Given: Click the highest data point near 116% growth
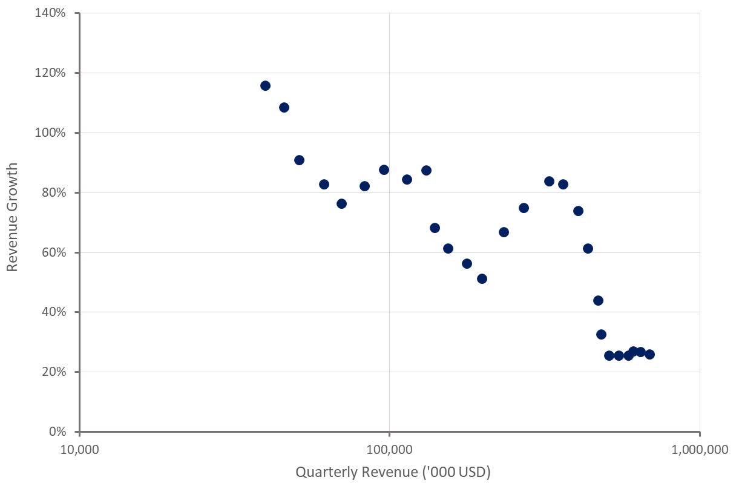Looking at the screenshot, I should tap(265, 85).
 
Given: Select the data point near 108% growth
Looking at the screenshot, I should tap(284, 108).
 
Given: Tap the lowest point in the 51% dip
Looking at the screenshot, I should tap(482, 278).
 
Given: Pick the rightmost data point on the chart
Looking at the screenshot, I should tap(649, 354).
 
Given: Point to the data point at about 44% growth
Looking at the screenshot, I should tap(598, 300).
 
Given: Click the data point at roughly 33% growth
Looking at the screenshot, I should tap(601, 334).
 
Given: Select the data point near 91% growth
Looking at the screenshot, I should tap(299, 160).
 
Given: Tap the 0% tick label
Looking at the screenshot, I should tap(58, 432).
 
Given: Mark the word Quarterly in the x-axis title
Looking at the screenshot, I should tap(322, 471).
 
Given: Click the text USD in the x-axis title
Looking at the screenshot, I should tap(475, 471).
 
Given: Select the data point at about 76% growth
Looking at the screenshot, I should tap(341, 203).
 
